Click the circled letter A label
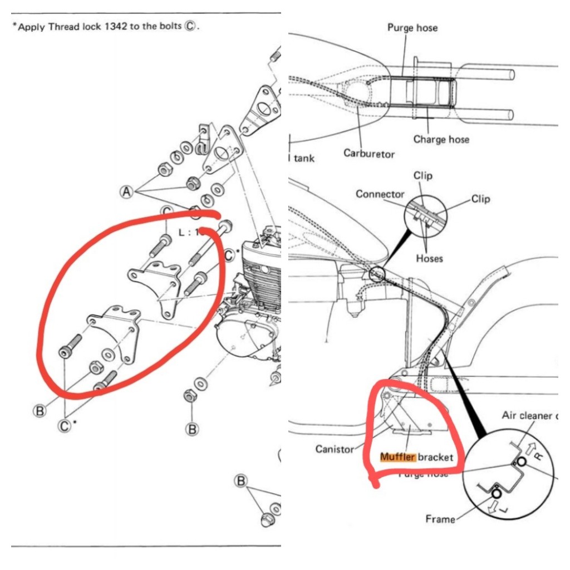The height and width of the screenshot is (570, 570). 127,192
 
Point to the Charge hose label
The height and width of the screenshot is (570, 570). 441,139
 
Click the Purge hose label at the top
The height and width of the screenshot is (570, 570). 412,27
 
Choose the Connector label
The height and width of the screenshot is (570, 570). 380,194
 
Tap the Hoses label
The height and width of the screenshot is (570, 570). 429,258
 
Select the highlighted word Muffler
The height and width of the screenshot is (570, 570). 397,458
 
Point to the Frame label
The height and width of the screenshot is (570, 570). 440,519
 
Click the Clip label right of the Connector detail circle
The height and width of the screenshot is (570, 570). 480,199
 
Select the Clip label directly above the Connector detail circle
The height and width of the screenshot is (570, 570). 423,176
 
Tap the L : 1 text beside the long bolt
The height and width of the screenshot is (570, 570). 188,233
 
